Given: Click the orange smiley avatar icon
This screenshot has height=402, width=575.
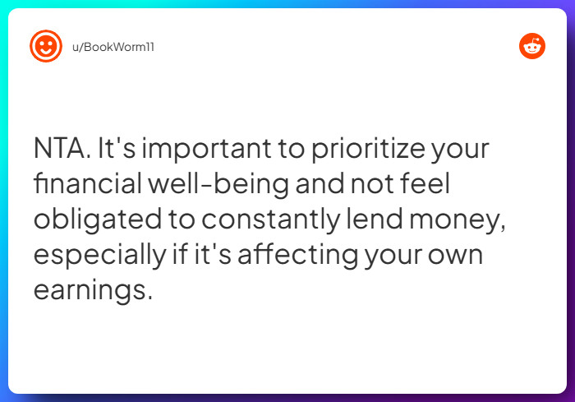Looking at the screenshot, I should [x=46, y=46].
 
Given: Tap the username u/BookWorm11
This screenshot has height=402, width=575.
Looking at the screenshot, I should [x=113, y=47].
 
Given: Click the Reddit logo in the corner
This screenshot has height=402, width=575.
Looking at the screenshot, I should [x=532, y=47].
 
